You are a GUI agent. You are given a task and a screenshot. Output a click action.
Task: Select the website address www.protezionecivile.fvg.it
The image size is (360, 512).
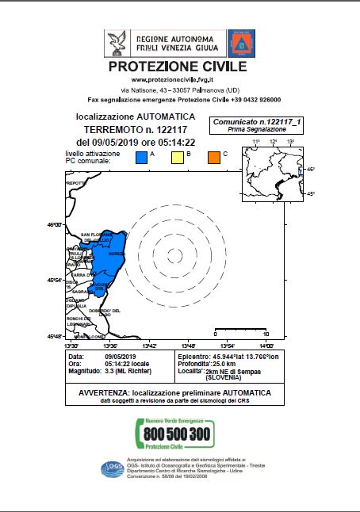179,80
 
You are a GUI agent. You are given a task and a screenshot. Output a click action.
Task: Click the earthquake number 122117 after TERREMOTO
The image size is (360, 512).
170,129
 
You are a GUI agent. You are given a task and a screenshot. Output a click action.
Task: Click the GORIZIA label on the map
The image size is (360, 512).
117,254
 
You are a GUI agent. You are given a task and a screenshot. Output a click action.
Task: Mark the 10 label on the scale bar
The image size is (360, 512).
266,334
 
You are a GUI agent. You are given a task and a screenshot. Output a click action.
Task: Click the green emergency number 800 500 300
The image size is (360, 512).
178,434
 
